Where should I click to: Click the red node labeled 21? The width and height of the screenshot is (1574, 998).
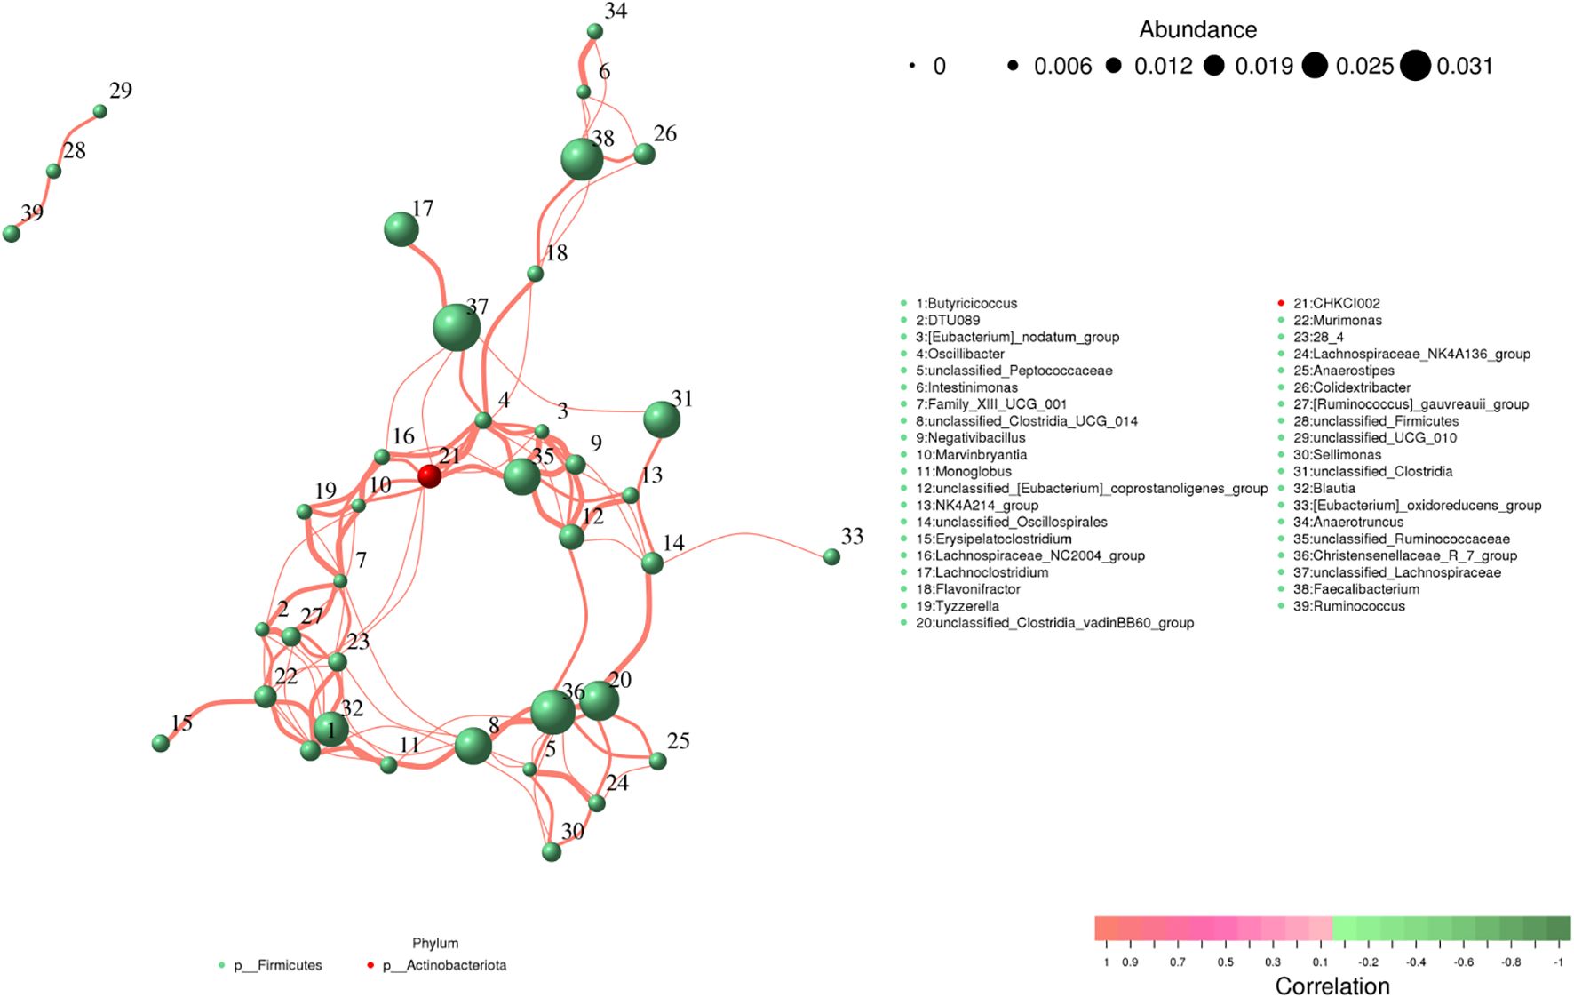tap(429, 476)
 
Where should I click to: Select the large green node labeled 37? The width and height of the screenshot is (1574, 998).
tap(457, 327)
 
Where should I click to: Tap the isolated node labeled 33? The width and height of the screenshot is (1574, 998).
tap(831, 556)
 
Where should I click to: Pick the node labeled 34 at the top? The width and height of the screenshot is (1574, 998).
tap(595, 32)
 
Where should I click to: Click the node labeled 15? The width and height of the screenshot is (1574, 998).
tap(161, 743)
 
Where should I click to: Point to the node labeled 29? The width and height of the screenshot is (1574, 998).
tap(100, 112)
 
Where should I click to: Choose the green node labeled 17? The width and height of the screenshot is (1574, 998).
tap(401, 229)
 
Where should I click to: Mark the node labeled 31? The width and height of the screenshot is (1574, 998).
tap(661, 419)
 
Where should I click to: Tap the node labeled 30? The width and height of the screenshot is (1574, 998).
tap(552, 852)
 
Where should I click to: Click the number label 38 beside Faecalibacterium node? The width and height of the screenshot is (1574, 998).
tap(604, 138)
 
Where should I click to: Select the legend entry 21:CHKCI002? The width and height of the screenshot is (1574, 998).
tap(1336, 303)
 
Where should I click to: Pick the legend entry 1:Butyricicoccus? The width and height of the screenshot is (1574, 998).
tap(966, 303)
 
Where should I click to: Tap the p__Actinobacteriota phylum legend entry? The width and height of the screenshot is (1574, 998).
tap(443, 965)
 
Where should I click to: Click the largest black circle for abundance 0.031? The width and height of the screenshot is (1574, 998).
tap(1415, 66)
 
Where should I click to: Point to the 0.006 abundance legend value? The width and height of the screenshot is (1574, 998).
tap(1062, 67)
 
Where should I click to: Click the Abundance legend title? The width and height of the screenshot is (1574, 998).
tap(1197, 30)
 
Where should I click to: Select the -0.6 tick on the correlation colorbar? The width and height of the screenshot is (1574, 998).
tap(1463, 962)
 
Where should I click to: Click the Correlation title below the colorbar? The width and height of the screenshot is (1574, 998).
tap(1332, 986)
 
